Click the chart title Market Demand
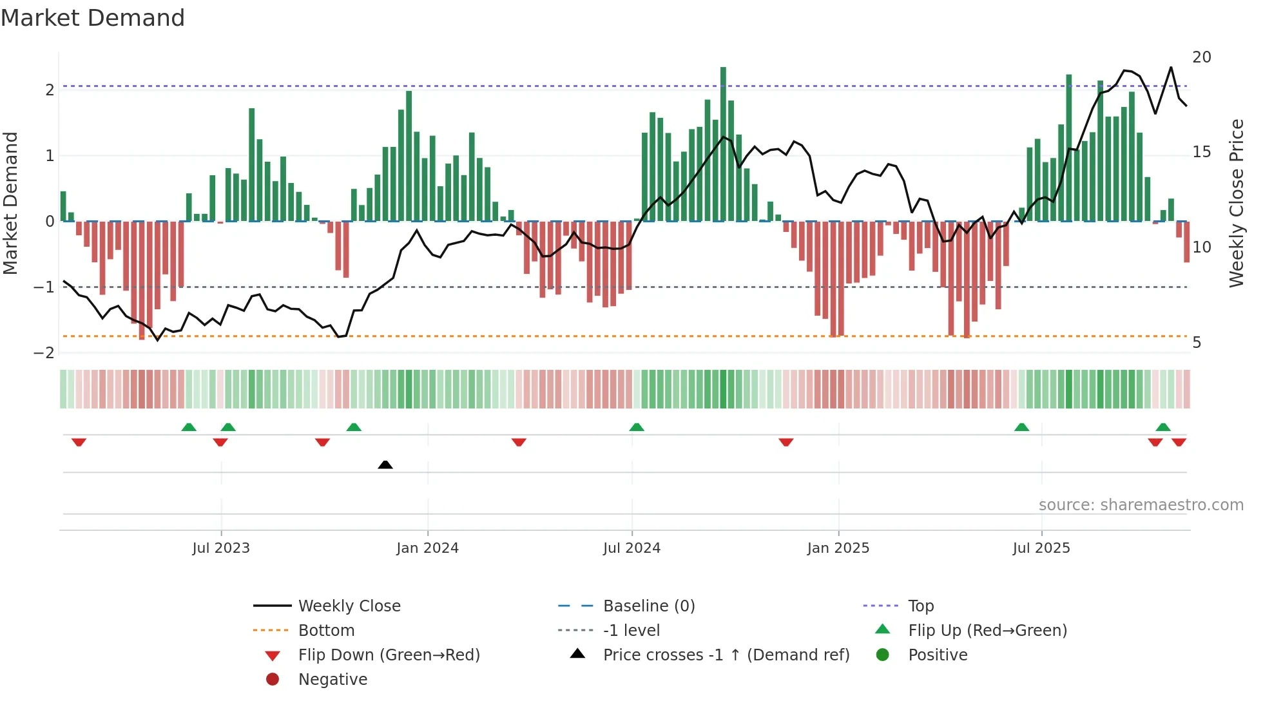click(x=93, y=18)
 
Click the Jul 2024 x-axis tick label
click(x=631, y=548)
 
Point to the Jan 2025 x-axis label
click(x=838, y=548)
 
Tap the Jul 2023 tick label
click(x=220, y=548)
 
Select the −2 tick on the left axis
click(x=44, y=353)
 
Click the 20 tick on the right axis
click(x=1201, y=57)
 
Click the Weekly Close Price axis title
click(x=1236, y=203)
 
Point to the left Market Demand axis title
click(x=11, y=203)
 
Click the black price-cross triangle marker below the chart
click(x=385, y=465)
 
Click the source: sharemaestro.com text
click(x=1141, y=505)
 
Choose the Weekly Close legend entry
click(x=349, y=606)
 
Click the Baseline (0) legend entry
click(x=648, y=606)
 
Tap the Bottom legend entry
click(x=326, y=631)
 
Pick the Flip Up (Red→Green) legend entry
click(x=987, y=631)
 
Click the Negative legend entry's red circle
click(x=273, y=680)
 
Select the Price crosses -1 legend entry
click(x=726, y=655)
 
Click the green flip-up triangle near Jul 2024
click(x=637, y=427)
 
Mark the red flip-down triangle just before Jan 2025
click(x=786, y=442)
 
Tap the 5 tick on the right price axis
click(x=1197, y=343)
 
